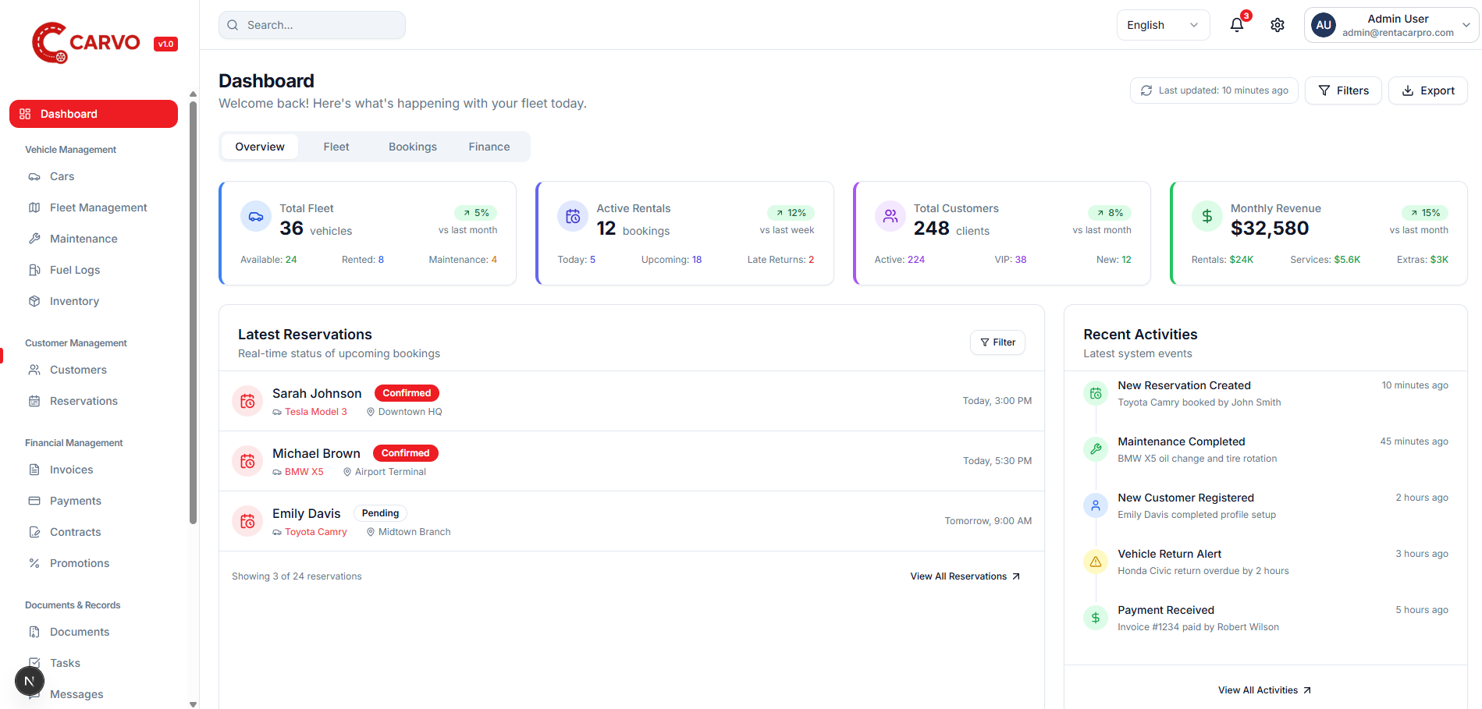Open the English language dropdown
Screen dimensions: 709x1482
1162,25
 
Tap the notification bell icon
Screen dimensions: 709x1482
1237,25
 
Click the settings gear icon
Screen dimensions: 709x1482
1278,25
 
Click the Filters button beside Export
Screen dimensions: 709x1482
1343,90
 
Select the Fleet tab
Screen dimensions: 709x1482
336,147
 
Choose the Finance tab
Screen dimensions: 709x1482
489,147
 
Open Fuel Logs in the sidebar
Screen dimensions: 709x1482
75,270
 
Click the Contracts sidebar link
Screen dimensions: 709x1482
75,532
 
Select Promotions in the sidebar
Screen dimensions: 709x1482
79,563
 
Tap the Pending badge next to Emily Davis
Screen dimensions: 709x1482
380,513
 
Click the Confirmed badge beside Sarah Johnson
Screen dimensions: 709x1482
407,393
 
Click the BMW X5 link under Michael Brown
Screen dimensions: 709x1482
304,472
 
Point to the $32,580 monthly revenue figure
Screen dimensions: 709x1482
1270,229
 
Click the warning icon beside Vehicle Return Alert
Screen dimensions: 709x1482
1096,562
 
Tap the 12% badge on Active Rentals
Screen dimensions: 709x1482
791,213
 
